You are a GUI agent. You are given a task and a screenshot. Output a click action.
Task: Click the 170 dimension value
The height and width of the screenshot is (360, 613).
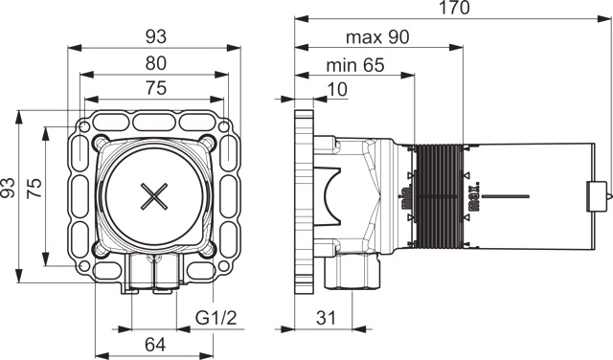455,8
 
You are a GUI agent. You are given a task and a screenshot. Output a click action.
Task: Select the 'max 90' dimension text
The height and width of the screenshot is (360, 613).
377,37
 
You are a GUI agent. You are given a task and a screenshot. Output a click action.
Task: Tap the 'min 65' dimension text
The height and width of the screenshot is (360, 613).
355,65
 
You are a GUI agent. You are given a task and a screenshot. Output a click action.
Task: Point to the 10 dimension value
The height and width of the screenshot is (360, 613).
336,89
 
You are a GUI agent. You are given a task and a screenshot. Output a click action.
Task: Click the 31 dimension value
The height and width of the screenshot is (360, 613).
326,318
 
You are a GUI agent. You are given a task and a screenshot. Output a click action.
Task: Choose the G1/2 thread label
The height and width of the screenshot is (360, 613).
216,318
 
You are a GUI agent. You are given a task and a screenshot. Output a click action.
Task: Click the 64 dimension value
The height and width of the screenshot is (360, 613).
155,345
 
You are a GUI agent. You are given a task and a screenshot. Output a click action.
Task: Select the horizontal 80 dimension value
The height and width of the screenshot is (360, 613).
156,64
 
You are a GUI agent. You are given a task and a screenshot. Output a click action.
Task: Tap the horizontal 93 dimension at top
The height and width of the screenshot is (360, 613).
156,37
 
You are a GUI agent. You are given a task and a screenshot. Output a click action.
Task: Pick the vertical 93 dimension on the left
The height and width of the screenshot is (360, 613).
8,188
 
